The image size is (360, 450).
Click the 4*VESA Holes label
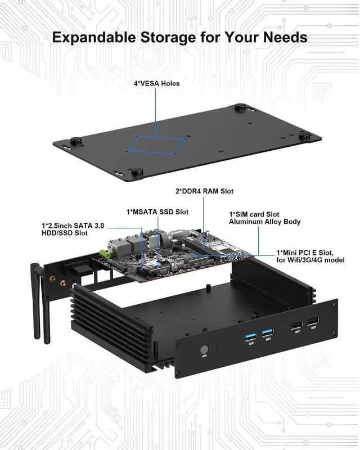(156, 84)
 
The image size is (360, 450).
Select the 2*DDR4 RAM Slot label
(204, 191)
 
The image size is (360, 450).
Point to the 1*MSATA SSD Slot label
(157, 212)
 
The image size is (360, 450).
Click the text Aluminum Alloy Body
(264, 222)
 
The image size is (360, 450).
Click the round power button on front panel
(203, 350)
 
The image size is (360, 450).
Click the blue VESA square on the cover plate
(157, 143)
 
